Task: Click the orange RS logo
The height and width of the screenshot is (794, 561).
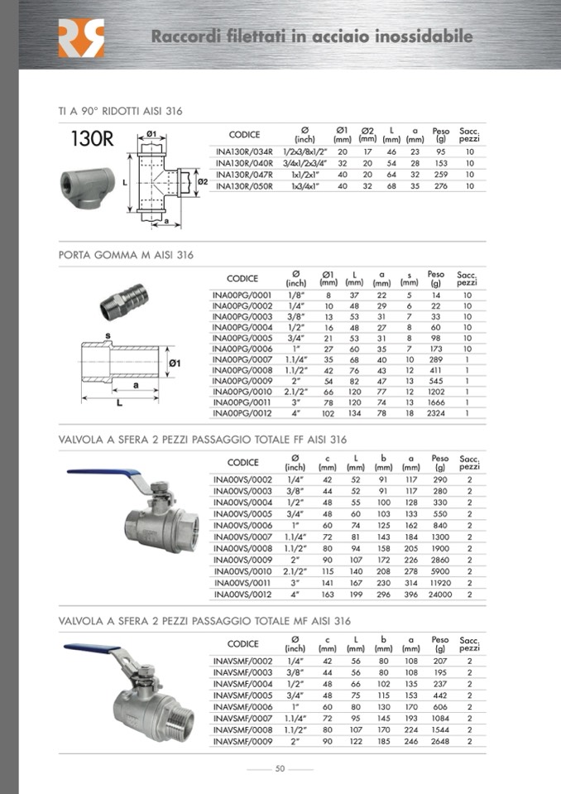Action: (81, 38)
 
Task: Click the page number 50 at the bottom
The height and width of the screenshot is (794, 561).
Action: (280, 769)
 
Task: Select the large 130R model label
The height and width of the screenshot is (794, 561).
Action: (86, 138)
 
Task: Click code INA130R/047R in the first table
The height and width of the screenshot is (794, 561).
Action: (243, 175)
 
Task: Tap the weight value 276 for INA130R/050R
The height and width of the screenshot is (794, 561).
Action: (440, 186)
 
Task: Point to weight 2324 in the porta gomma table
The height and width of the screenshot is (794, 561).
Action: (436, 413)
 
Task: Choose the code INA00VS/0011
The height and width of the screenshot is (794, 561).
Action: (242, 584)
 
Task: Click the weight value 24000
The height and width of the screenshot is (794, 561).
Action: (440, 594)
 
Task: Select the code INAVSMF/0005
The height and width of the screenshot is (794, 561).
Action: (242, 695)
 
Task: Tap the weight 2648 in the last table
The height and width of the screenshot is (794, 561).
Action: (439, 742)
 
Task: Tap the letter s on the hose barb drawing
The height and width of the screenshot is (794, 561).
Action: (108, 335)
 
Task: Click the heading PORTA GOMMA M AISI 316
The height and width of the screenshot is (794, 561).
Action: (126, 255)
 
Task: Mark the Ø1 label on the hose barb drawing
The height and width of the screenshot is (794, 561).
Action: (175, 363)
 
